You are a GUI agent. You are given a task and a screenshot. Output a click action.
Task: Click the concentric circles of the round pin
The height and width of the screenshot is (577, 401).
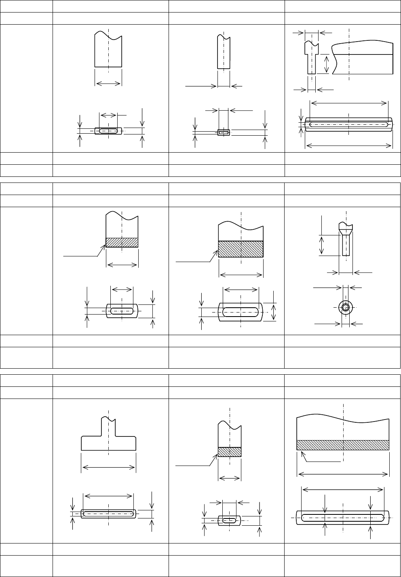(x=345, y=307)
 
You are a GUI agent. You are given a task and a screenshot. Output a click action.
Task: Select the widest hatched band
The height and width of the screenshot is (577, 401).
(x=343, y=445)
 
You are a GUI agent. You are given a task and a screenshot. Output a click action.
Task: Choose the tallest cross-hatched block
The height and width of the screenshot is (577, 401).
(x=241, y=249)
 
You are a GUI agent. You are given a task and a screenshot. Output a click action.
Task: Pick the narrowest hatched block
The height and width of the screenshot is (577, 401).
(x=230, y=452)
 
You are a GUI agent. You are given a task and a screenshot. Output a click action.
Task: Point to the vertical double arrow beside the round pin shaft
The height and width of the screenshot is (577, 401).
(x=322, y=245)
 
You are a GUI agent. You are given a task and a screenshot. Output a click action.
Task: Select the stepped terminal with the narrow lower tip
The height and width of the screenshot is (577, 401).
(x=311, y=57)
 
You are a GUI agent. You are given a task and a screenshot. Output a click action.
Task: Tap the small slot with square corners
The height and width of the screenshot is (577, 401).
(x=223, y=132)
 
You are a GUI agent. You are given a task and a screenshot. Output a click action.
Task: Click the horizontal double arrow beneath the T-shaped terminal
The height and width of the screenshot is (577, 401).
(x=108, y=468)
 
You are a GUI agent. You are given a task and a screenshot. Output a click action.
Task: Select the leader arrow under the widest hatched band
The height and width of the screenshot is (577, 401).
(x=319, y=459)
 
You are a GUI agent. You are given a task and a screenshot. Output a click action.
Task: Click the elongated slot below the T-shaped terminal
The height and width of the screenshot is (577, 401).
(x=109, y=514)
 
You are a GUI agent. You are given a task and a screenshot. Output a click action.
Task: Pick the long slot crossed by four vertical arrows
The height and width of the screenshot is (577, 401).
(x=343, y=517)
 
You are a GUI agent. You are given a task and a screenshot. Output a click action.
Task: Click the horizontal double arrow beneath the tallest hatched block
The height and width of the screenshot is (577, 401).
(x=241, y=275)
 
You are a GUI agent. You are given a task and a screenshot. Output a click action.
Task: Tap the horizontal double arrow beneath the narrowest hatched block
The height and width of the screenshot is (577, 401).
(x=230, y=478)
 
